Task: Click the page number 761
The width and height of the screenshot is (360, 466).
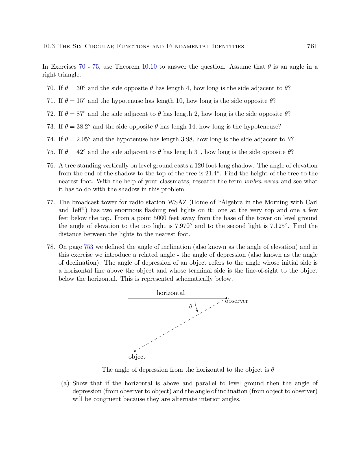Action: point(312,46)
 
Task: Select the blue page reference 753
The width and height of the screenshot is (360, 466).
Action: point(88,247)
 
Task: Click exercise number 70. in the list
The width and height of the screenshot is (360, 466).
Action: point(51,88)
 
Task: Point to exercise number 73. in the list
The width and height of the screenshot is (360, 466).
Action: point(51,127)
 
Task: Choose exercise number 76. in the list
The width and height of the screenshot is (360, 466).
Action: point(51,166)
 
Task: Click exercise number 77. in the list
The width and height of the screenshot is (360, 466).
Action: point(51,202)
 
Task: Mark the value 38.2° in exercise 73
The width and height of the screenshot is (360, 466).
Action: point(84,127)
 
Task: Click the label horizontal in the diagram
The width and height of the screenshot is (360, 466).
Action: point(171,293)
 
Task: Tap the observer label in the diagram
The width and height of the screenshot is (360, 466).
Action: point(237,301)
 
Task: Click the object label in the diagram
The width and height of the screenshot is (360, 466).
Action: point(137,357)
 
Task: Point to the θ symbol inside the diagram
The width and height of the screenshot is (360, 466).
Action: point(191,306)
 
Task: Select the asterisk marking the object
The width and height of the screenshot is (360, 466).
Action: point(135,351)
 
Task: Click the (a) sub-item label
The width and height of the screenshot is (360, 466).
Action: point(65,383)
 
